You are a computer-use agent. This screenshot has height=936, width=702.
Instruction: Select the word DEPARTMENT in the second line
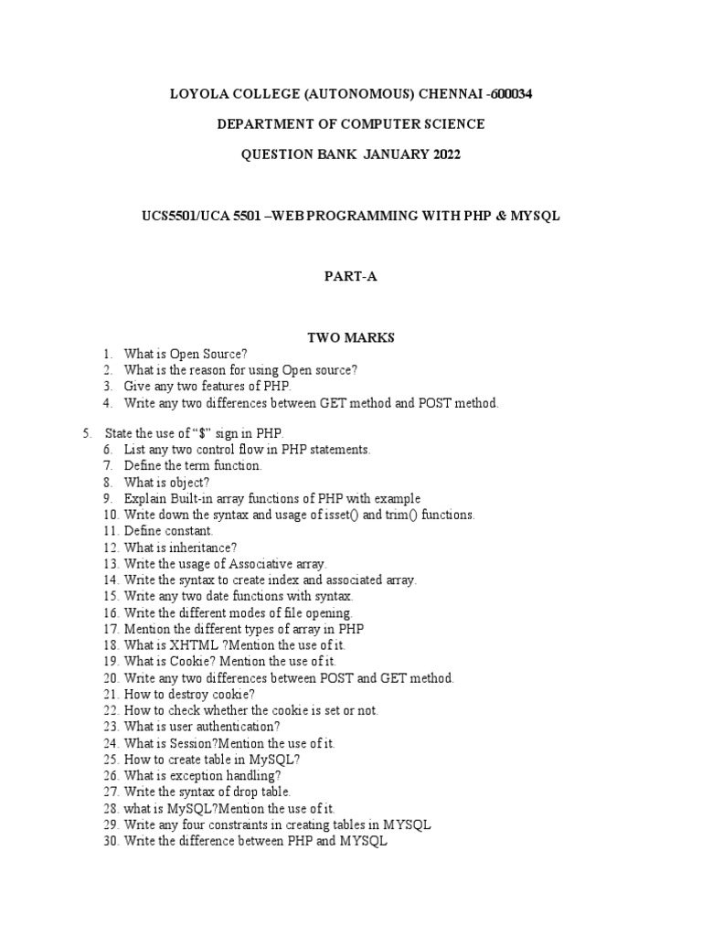[x=262, y=123]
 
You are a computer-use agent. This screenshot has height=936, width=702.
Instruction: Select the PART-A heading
[x=350, y=278]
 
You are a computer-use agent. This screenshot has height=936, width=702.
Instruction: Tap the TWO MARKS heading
[x=350, y=338]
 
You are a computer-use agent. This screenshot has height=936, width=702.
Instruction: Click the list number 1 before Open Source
[x=107, y=354]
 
